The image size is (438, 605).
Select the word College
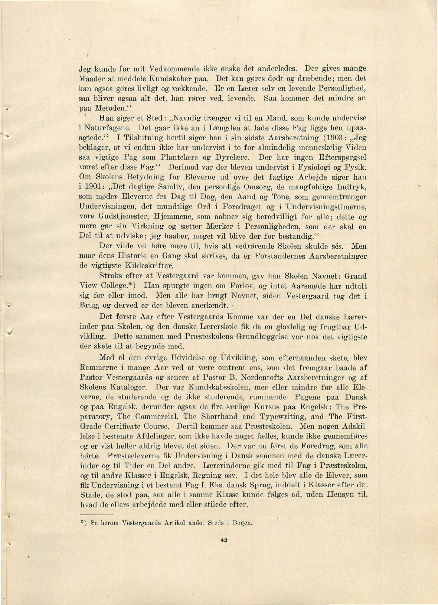point(117,286)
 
